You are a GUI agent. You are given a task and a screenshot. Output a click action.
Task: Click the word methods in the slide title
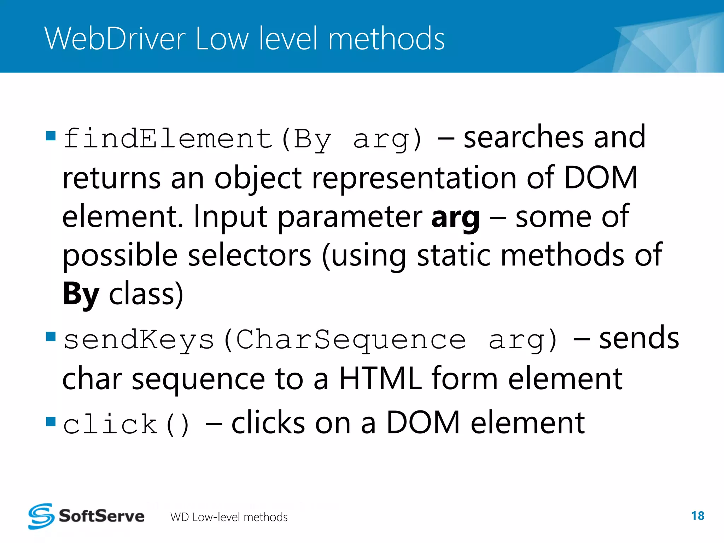click(386, 39)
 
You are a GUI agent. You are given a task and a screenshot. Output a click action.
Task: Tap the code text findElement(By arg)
click(243, 139)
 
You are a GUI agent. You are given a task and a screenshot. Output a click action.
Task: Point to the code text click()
click(127, 424)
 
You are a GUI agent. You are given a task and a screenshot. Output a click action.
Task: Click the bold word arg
click(455, 217)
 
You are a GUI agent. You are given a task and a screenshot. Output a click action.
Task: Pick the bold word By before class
click(81, 294)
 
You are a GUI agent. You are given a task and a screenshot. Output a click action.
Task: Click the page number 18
click(697, 516)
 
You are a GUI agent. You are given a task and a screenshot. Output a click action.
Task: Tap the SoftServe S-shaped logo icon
click(41, 516)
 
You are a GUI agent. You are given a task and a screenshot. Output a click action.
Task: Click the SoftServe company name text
click(101, 516)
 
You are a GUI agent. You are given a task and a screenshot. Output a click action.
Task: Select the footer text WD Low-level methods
click(229, 517)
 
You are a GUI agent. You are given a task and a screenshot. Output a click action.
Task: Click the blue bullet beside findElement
click(51, 136)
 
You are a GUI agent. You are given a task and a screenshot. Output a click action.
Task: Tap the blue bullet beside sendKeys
click(51, 336)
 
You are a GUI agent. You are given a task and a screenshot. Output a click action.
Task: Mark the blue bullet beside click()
click(51, 421)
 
